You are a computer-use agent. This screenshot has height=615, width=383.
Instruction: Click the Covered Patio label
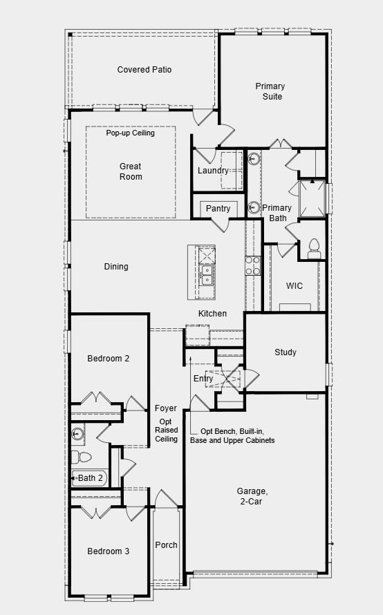tap(144, 70)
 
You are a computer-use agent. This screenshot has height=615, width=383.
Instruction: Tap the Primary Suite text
tap(270, 91)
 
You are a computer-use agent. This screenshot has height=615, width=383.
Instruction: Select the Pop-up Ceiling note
tap(130, 133)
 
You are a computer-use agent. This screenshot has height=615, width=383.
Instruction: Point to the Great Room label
tap(130, 171)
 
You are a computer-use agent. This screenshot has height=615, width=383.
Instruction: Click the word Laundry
tap(212, 171)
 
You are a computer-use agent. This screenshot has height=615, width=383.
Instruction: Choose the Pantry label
tap(218, 209)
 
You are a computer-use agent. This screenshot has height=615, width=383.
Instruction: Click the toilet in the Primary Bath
tap(313, 248)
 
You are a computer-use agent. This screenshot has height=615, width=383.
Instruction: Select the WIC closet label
tap(295, 286)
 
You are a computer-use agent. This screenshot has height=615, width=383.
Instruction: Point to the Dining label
tap(116, 267)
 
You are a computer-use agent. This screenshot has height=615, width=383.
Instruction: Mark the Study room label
tap(285, 352)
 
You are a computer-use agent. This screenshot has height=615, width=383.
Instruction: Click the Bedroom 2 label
tap(108, 359)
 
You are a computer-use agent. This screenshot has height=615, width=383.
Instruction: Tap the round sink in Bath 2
tap(77, 434)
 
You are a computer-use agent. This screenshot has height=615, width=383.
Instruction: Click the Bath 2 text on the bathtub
tap(90, 477)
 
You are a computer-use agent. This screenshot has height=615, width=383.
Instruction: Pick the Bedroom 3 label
tap(108, 551)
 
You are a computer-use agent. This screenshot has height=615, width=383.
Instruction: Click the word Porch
tap(166, 545)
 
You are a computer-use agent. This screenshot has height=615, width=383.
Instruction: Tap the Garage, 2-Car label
tap(254, 496)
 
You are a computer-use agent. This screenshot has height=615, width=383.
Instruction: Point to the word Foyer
tap(166, 408)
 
